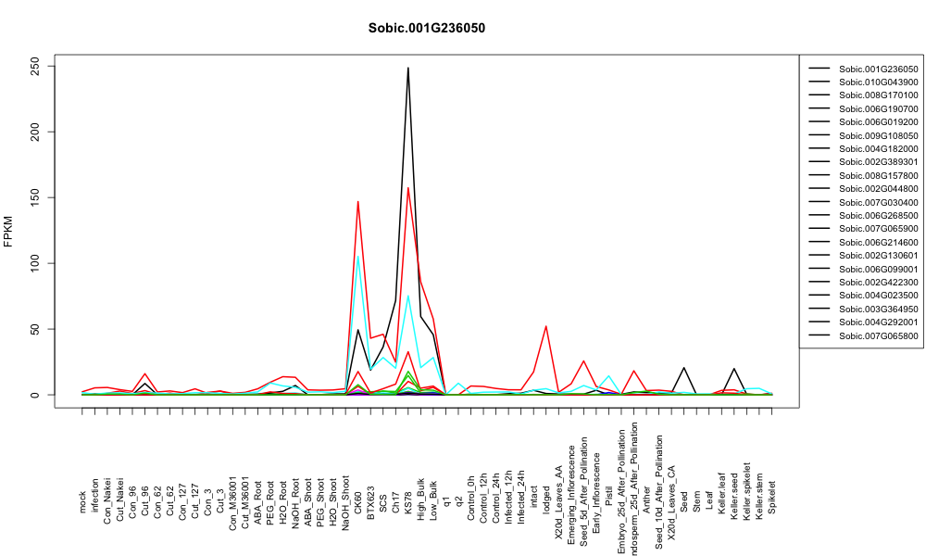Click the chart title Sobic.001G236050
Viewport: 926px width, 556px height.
tap(426, 29)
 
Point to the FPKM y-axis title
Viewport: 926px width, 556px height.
tap(7, 232)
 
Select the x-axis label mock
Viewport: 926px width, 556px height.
tap(82, 502)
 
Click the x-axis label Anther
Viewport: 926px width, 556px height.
tap(646, 499)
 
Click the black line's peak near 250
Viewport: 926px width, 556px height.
tap(408, 68)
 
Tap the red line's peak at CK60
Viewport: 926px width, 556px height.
tap(357, 201)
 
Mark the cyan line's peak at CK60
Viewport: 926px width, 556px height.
tap(357, 257)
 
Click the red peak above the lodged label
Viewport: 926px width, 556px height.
tap(545, 326)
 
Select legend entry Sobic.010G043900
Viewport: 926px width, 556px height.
tap(879, 82)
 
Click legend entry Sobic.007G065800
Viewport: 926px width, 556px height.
tap(879, 335)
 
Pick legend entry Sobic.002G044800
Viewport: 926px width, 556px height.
tap(879, 189)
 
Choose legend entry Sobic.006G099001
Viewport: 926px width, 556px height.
tap(879, 269)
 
